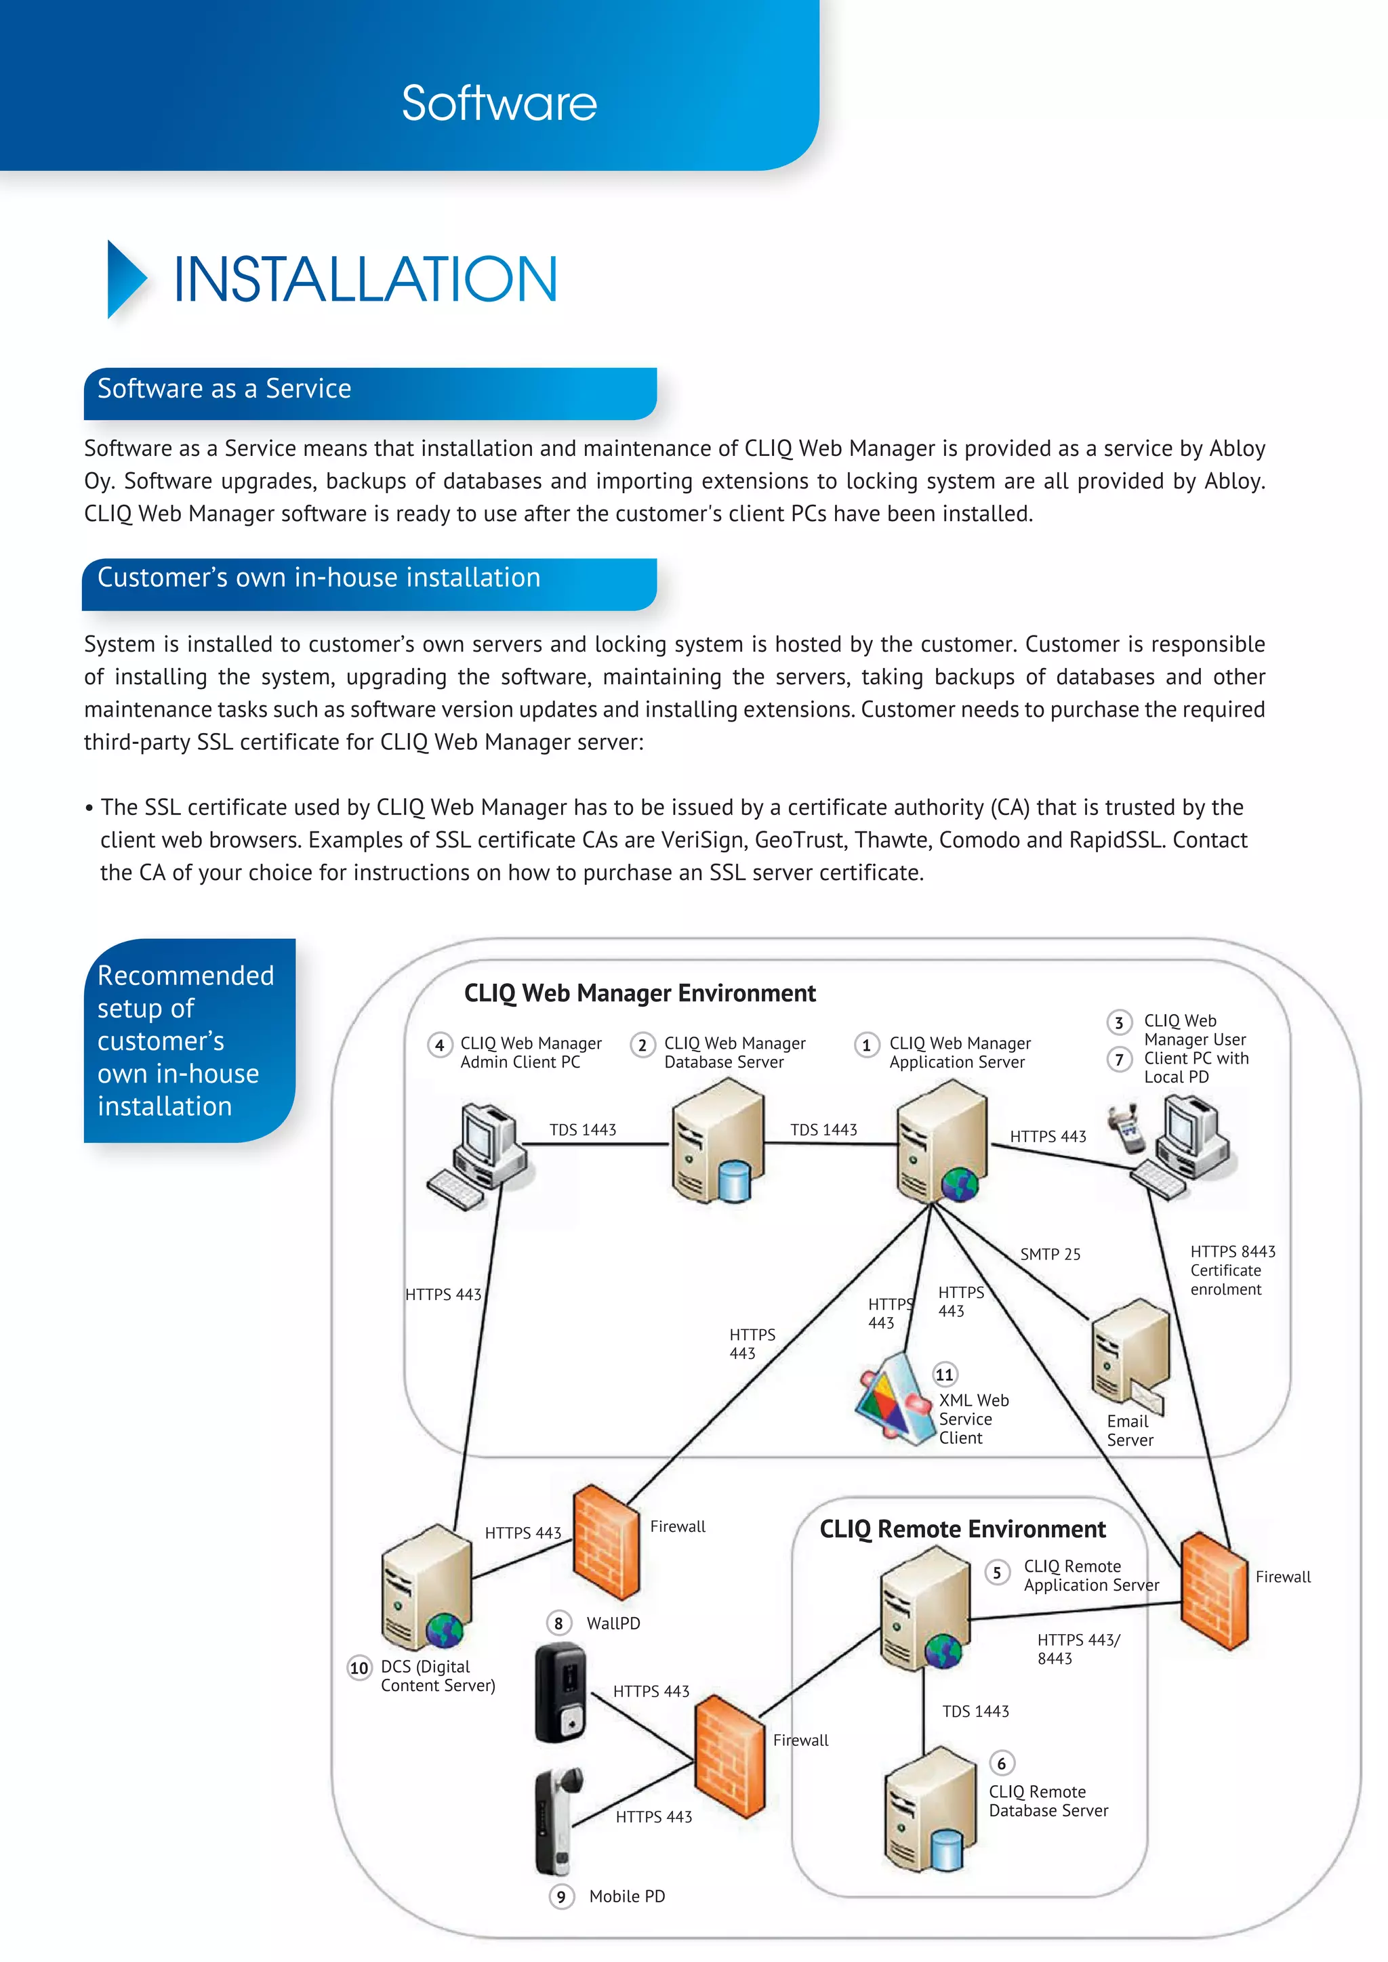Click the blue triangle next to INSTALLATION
(125, 279)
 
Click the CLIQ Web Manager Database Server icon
(716, 1141)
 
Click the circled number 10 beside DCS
(359, 1667)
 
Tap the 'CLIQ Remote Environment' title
(962, 1529)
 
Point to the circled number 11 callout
(944, 1374)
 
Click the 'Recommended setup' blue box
(189, 1040)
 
